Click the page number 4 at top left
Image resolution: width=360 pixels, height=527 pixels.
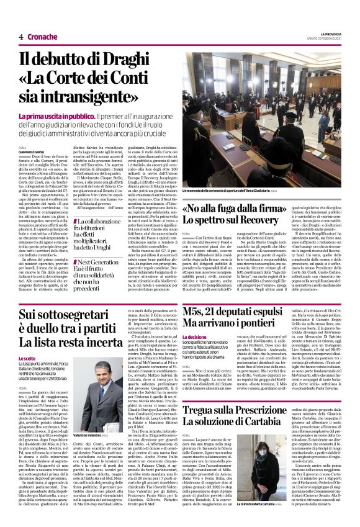pos(21,37)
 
